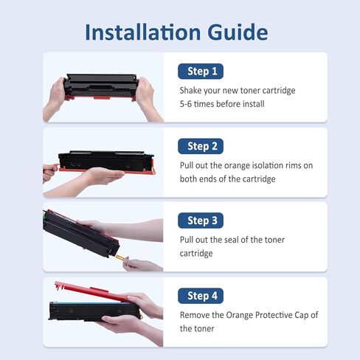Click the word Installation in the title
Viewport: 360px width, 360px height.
pos(139,32)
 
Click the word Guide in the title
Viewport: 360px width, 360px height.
pos(234,32)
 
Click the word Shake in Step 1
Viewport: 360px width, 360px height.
pos(193,91)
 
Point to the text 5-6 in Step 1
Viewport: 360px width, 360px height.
pos(187,104)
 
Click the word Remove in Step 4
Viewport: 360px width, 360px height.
pos(196,315)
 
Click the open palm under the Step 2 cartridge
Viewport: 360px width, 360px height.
pos(100,176)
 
